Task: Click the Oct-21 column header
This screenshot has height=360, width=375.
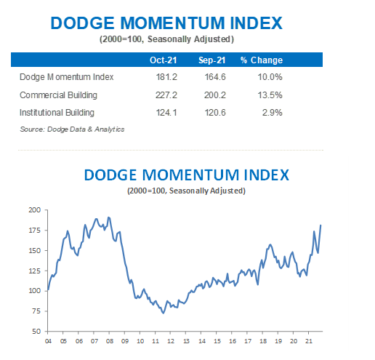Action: pyautogui.click(x=163, y=60)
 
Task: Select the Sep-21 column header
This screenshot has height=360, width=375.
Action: pyautogui.click(x=211, y=60)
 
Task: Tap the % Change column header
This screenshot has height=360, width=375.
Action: pyautogui.click(x=262, y=60)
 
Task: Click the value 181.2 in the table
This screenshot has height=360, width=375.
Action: pyautogui.click(x=166, y=77)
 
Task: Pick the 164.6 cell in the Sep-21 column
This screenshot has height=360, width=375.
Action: pyautogui.click(x=215, y=77)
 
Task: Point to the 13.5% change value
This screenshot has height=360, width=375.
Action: pyautogui.click(x=270, y=95)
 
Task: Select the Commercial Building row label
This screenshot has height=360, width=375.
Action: pyautogui.click(x=58, y=95)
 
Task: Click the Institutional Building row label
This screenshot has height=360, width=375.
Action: pyautogui.click(x=57, y=113)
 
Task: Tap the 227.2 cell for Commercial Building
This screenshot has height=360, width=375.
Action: pyautogui.click(x=166, y=95)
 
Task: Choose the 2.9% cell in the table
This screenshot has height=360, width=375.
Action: pyautogui.click(x=273, y=113)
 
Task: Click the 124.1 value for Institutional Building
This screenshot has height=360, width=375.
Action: pyautogui.click(x=166, y=113)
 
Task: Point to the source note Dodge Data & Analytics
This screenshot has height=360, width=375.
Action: pyautogui.click(x=72, y=129)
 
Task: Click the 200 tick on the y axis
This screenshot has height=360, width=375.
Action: pyautogui.click(x=35, y=210)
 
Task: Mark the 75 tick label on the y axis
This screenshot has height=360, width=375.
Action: pyautogui.click(x=36, y=311)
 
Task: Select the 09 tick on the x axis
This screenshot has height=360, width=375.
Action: pyautogui.click(x=125, y=341)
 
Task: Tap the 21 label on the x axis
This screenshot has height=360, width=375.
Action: pyautogui.click(x=309, y=341)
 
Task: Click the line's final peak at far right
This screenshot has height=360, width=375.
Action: pyautogui.click(x=320, y=225)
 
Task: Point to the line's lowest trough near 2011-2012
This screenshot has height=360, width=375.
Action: pyautogui.click(x=164, y=313)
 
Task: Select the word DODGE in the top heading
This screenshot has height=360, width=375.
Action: pyautogui.click(x=82, y=23)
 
